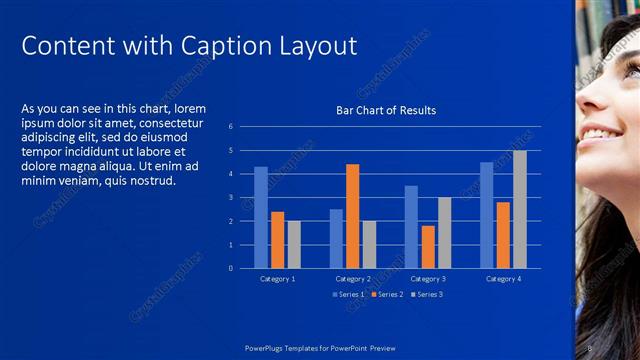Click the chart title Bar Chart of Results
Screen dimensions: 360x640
coord(385,110)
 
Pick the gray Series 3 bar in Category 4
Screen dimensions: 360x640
coord(519,209)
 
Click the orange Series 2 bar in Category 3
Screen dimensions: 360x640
coord(427,247)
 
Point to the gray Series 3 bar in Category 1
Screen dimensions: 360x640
coord(293,244)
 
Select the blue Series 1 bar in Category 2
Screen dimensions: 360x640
coord(336,238)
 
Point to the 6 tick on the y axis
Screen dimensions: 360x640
coord(230,127)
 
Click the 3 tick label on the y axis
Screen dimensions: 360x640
coord(230,197)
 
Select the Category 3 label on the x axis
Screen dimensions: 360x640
coord(427,279)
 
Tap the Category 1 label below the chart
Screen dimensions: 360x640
coord(277,279)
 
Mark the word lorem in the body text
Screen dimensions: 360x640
coord(190,108)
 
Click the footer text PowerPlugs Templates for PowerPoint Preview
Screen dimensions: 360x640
coord(320,348)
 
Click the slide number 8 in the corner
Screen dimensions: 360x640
coord(590,348)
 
